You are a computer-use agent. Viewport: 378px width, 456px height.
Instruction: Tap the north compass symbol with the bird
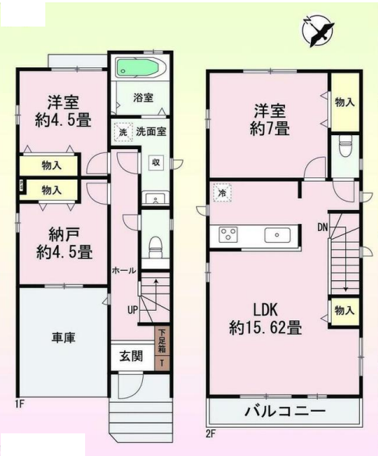(318, 30)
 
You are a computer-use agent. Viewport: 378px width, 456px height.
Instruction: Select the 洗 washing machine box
(123, 132)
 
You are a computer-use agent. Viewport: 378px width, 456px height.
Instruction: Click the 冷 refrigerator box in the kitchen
(222, 193)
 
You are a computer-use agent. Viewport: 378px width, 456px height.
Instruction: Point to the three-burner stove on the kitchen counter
(228, 234)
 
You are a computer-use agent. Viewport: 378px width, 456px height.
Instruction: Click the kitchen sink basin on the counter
(277, 234)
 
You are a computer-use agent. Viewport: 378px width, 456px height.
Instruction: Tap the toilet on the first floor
(155, 246)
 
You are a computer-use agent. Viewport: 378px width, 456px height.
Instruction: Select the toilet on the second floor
(345, 146)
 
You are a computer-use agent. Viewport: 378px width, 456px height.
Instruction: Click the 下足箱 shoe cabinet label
(162, 340)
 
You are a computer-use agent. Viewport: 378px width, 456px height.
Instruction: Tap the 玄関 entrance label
(131, 356)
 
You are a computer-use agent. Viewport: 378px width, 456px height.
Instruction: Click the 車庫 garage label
(63, 338)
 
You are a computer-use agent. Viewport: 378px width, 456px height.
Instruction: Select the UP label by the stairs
(132, 310)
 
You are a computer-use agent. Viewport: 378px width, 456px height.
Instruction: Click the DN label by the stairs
(323, 227)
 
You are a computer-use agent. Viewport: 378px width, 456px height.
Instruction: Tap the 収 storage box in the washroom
(156, 162)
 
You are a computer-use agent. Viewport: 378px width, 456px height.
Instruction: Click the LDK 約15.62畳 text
(266, 319)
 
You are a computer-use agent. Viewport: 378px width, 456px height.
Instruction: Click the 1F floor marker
(20, 404)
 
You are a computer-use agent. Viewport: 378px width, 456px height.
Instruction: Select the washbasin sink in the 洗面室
(156, 199)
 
